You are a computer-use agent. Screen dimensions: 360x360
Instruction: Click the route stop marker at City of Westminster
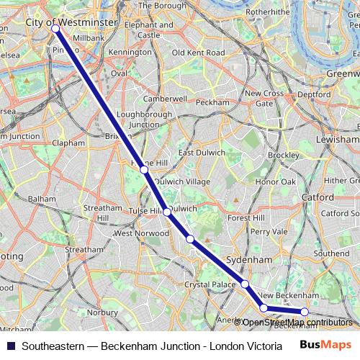point(55,28)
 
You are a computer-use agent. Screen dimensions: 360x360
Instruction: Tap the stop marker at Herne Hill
point(145,170)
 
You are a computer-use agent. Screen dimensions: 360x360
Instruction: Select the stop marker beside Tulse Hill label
point(167,212)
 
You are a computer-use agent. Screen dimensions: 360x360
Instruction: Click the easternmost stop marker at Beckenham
point(305,312)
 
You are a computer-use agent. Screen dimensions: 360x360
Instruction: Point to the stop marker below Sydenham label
point(245,284)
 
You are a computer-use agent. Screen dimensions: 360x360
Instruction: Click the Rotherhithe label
point(266,12)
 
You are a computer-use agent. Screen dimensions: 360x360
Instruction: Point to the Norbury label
point(102,313)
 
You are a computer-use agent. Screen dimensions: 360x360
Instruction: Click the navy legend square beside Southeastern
point(10,346)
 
